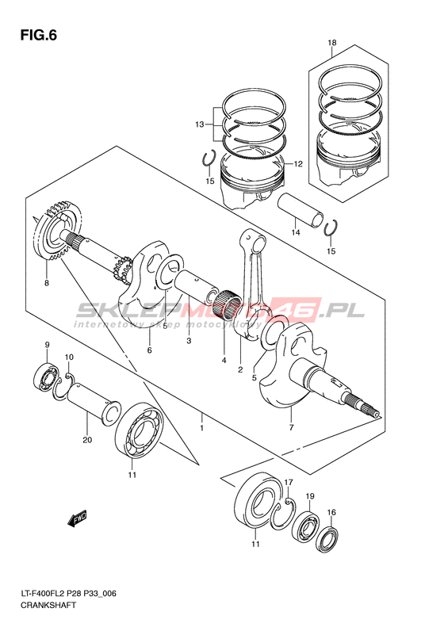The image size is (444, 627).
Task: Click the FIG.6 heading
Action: click(39, 36)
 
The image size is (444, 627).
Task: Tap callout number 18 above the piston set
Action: click(332, 43)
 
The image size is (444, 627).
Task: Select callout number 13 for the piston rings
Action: click(200, 124)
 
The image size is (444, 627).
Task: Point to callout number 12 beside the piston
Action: click(298, 163)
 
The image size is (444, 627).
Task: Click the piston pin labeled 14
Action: click(301, 210)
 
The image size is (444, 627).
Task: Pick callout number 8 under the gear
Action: click(47, 283)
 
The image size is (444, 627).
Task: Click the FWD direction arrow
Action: click(77, 518)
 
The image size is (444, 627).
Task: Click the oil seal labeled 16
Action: click(328, 540)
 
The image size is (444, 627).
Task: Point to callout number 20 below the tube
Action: click(87, 440)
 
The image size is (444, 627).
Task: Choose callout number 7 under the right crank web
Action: click(291, 427)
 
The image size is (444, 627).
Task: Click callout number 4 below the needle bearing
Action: click(224, 361)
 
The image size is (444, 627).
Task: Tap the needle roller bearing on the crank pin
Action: click(228, 305)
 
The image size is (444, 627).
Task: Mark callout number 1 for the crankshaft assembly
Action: click(202, 428)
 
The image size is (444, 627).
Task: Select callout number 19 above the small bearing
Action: click(310, 496)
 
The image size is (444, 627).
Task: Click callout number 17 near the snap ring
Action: click(289, 481)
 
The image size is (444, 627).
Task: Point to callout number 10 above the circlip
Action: click(69, 357)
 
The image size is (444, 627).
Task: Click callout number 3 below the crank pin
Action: click(189, 341)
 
